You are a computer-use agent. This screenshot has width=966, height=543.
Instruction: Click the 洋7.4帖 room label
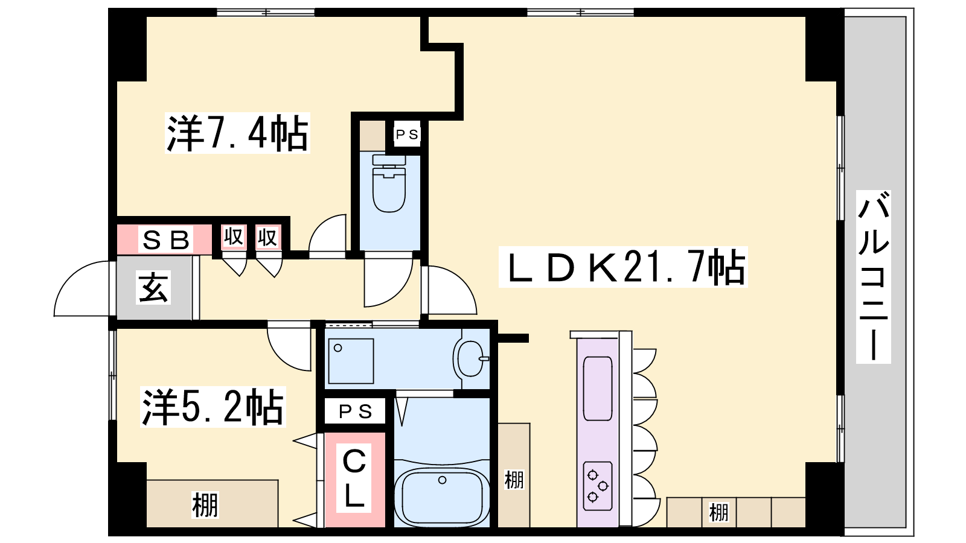click(x=238, y=133)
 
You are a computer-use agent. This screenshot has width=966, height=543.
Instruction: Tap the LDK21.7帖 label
click(x=623, y=267)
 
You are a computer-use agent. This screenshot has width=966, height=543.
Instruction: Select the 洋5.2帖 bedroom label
click(x=213, y=407)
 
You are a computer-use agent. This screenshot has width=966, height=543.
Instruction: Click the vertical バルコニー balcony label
click(x=874, y=277)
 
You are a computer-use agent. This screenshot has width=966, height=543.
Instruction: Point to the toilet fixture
click(x=389, y=184)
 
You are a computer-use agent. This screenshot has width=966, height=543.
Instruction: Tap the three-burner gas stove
click(x=598, y=486)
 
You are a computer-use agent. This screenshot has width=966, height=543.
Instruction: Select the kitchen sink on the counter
click(x=598, y=389)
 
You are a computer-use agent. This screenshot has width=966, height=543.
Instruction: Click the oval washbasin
click(x=471, y=358)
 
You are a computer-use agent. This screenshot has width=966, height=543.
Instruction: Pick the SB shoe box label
click(x=165, y=241)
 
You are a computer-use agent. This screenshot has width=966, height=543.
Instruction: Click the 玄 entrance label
click(x=153, y=287)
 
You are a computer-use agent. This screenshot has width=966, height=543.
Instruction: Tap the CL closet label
click(x=354, y=478)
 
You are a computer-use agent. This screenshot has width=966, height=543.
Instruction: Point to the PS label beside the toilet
click(x=407, y=135)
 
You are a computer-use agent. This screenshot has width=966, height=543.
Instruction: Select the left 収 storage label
click(x=234, y=237)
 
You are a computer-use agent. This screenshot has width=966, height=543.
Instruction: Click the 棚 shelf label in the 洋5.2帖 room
click(x=205, y=505)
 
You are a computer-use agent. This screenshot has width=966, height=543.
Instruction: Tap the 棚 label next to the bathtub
click(x=514, y=480)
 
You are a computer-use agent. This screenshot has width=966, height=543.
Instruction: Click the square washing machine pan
click(x=351, y=361)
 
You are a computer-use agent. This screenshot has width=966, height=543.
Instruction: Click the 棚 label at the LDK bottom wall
click(x=719, y=512)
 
